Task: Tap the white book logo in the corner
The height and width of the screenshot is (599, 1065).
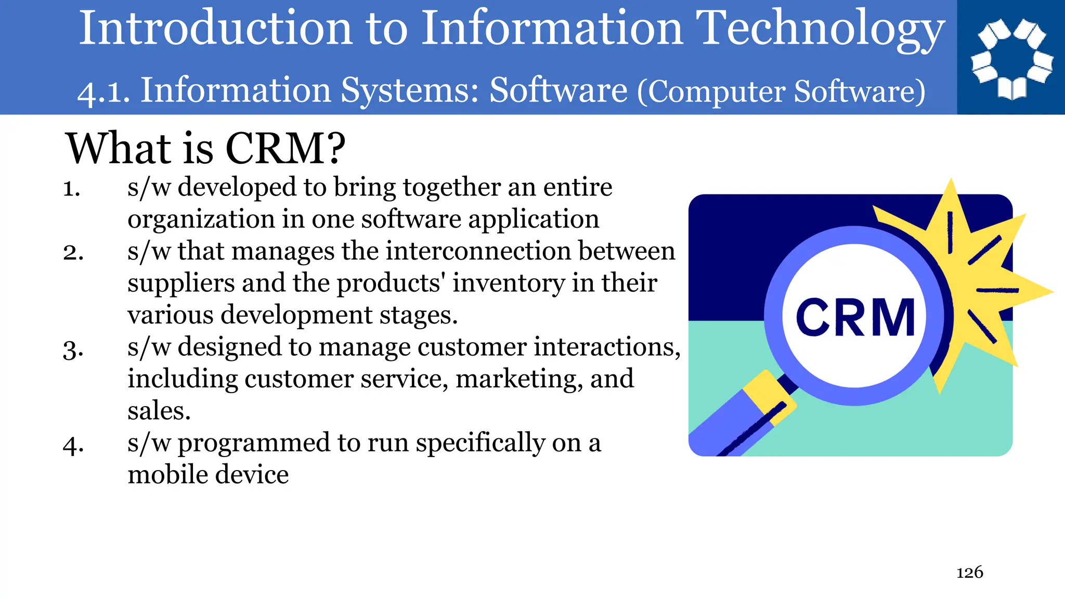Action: pos(1011,58)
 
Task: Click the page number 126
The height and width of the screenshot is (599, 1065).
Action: pos(970,572)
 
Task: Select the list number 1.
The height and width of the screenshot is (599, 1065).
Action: pos(72,188)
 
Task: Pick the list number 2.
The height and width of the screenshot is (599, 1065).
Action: pos(73,253)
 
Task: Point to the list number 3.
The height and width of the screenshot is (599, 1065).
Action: pos(73,349)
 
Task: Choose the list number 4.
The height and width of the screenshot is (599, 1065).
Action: pos(73,445)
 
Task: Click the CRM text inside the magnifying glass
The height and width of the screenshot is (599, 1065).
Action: pos(855,317)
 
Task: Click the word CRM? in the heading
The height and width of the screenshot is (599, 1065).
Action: pos(285,148)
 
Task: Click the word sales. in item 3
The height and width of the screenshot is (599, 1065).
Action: pos(159,411)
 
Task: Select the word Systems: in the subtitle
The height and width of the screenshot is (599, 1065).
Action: pos(410,90)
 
